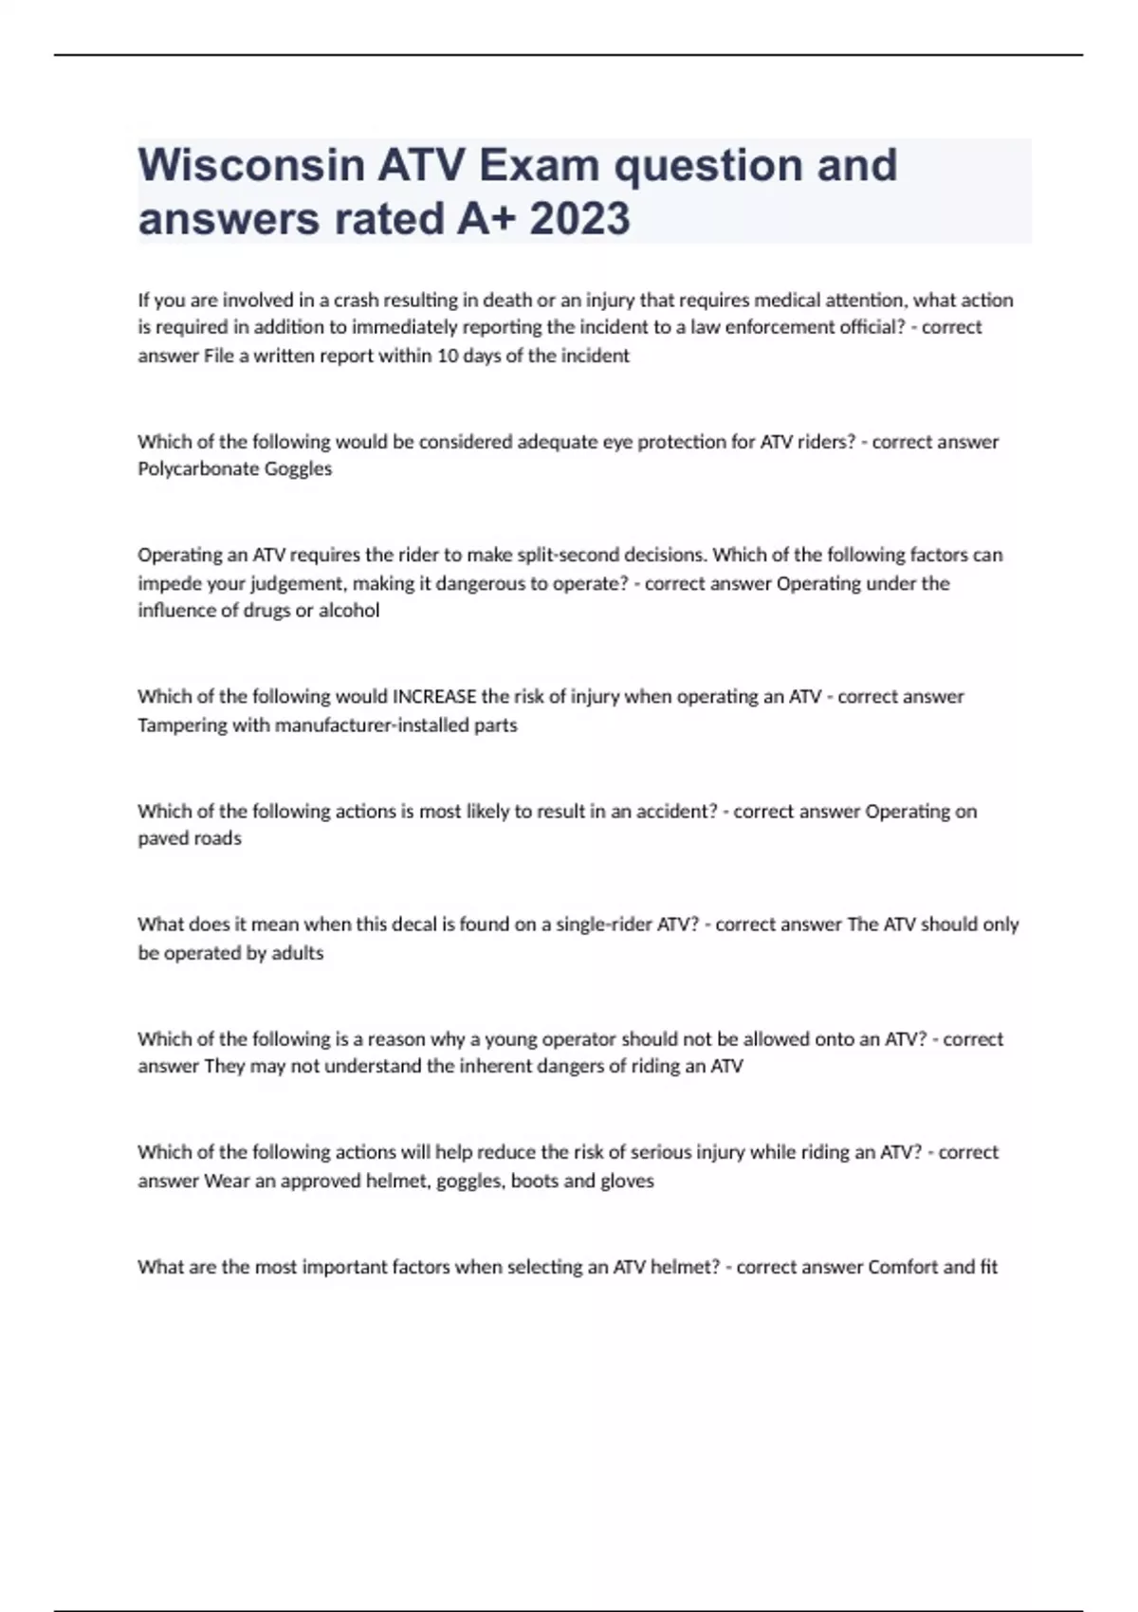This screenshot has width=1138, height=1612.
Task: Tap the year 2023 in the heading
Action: (x=579, y=219)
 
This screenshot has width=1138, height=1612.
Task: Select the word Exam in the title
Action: (x=539, y=165)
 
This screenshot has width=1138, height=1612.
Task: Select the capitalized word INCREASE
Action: (x=433, y=697)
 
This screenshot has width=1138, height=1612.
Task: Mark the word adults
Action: (x=297, y=953)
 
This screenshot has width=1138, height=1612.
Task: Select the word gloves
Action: (x=627, y=1181)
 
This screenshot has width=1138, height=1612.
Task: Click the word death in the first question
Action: (x=507, y=301)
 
